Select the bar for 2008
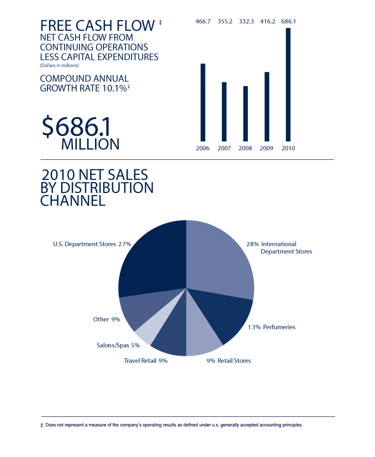tap(245, 113)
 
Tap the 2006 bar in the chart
tap(202, 102)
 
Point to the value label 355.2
tap(224, 22)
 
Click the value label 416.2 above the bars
tap(267, 22)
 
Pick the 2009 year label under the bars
tap(266, 148)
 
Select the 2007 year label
tap(224, 148)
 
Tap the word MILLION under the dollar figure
tap(90, 144)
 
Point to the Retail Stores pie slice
tap(202, 341)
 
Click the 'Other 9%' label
tap(106, 319)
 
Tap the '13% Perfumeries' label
tap(271, 327)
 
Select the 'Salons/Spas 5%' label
tap(118, 345)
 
